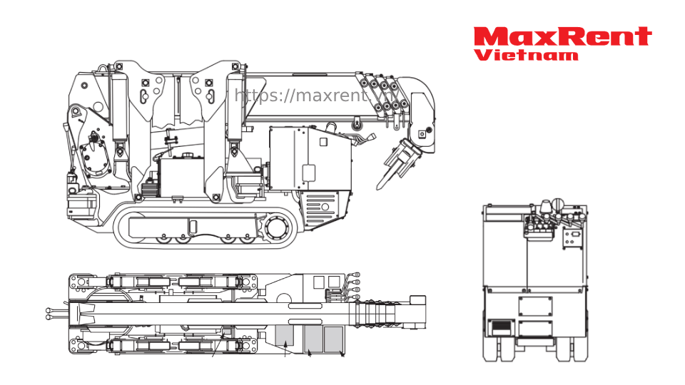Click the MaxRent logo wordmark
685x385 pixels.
pos(562,36)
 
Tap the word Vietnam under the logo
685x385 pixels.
pos(526,55)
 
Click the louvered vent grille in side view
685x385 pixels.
pos(320,208)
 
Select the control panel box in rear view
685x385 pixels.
pos(572,237)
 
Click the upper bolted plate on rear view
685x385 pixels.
pos(535,306)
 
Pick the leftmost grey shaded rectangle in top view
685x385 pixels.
pos(285,336)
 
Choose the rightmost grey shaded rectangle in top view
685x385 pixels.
pos(333,339)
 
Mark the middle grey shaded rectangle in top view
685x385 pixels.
pos(312,339)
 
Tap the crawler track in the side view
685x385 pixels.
pos(203,227)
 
